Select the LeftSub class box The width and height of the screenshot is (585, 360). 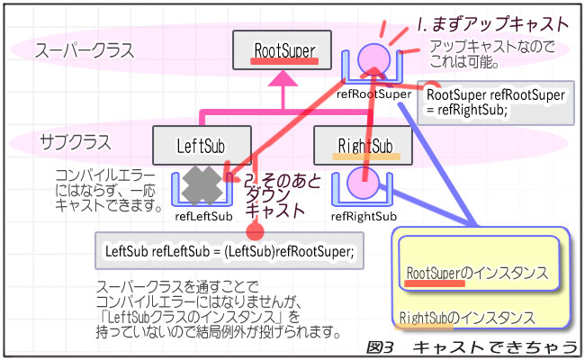[201, 145]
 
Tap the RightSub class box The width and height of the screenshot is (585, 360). [363, 145]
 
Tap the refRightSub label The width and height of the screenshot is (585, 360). [364, 216]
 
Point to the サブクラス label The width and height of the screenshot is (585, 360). [76, 142]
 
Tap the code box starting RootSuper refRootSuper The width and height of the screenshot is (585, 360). [496, 103]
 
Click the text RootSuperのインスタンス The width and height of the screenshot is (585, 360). [478, 271]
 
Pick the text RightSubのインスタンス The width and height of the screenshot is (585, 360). [467, 318]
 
